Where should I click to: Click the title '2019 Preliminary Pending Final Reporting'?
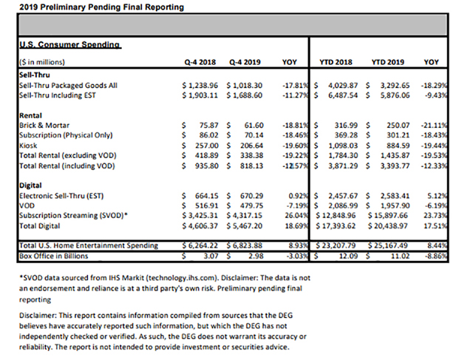point(92,7)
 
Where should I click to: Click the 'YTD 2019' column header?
point(393,63)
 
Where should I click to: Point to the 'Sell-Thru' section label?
point(34,75)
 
